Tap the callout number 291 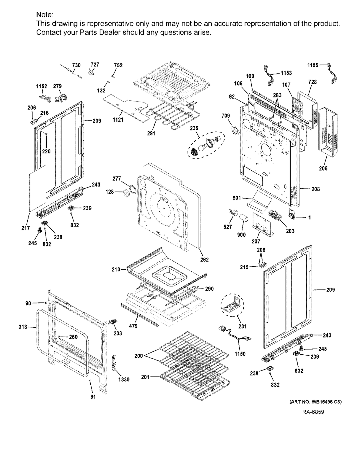tap(151, 133)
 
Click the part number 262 tap(204, 260)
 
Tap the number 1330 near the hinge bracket tap(124, 380)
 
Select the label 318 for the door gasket tap(23, 327)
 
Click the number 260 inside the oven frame tap(73, 337)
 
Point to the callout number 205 tap(323, 168)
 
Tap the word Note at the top tap(45, 15)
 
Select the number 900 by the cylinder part tap(241, 235)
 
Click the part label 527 tap(228, 227)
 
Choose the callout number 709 tap(226, 116)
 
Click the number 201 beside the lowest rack tap(145, 377)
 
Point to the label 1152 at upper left tap(42, 86)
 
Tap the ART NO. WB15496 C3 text tap(315, 402)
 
